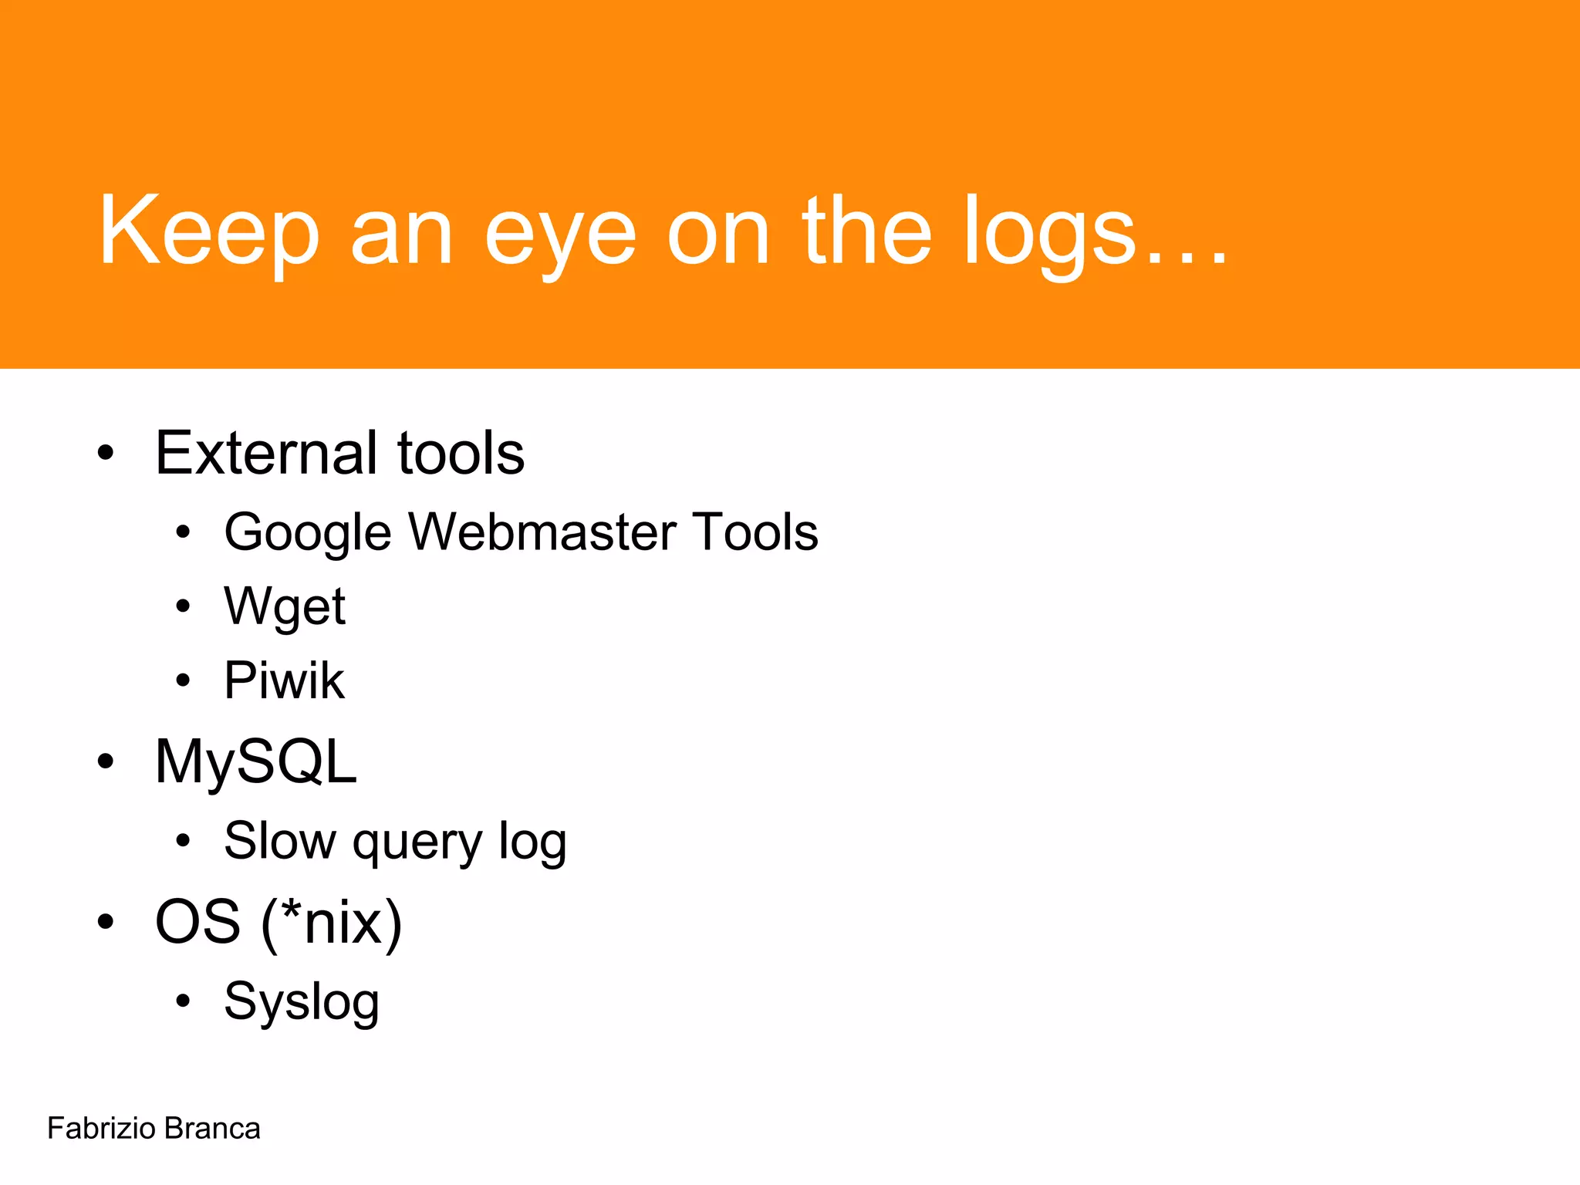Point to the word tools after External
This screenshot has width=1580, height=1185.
click(461, 453)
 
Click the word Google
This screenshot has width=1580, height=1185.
click(308, 532)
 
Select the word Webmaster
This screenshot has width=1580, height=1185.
click(542, 532)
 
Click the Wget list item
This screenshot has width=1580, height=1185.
click(284, 607)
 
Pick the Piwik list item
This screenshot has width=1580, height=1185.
click(284, 680)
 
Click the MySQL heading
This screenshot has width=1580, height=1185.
click(255, 762)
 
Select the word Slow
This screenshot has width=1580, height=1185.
click(279, 840)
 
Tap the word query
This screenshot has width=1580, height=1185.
click(417, 842)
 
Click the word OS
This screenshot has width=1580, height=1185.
click(197, 921)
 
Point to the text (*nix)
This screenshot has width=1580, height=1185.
click(332, 923)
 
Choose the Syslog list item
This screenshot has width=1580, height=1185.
click(301, 1001)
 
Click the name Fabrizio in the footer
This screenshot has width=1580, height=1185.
click(101, 1129)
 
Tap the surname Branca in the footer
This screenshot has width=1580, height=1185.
click(212, 1129)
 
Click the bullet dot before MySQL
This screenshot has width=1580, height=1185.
click(106, 761)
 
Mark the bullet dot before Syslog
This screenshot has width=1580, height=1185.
click(182, 1001)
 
